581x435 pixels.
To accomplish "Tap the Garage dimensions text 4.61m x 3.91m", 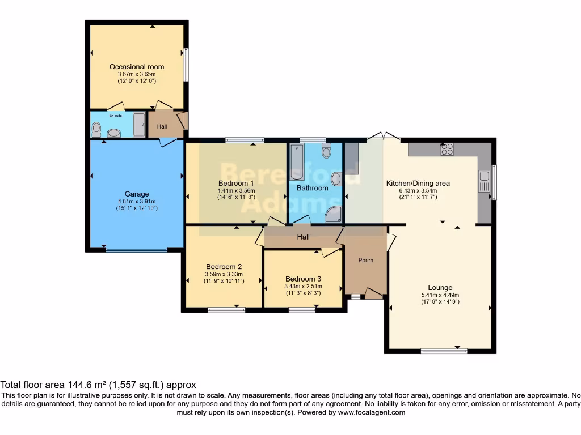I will coord(137,201).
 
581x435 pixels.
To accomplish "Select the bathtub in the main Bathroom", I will coord(296,162).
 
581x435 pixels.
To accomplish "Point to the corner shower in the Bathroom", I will coord(334,214).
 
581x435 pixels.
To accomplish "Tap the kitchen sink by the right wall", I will coord(484,182).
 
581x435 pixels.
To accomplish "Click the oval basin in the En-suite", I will coord(114,133).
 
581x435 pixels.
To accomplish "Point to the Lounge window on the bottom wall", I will coord(444,351).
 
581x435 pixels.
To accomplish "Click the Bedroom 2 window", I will coord(226,309).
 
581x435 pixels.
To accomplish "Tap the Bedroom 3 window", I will coord(302,309).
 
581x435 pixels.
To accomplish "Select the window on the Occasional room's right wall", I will coord(186,65).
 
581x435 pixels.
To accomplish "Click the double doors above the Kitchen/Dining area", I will coord(384,137).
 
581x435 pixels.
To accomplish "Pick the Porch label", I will coord(366,261).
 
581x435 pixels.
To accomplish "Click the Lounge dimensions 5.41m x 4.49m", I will coord(440,295).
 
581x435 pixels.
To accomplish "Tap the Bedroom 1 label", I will coord(236,183).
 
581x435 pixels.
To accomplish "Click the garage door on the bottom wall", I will coord(136,249).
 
